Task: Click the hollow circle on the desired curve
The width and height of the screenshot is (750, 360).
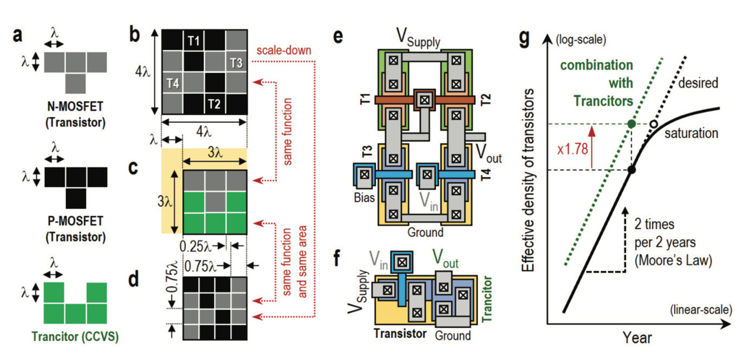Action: [653, 125]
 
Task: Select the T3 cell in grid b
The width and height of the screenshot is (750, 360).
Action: [237, 62]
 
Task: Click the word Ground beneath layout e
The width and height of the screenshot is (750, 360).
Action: [426, 232]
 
